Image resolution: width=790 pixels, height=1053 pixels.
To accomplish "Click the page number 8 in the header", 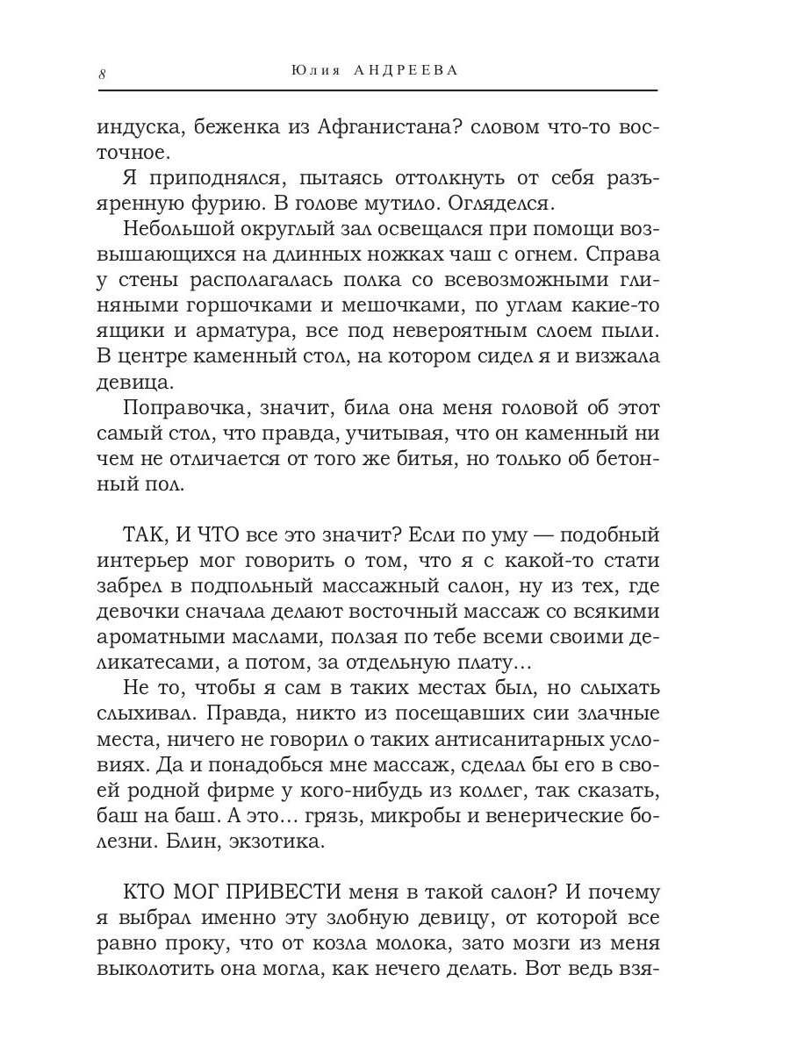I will (102, 74).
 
